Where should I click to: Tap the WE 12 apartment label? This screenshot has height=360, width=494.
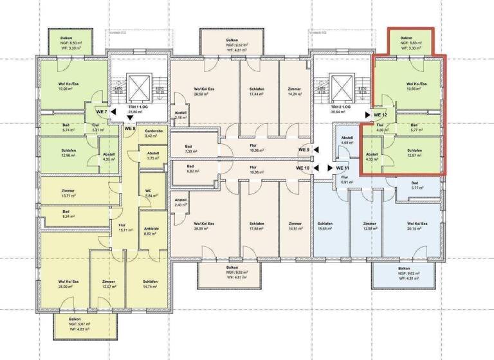381,115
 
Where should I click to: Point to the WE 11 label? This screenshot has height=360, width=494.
342,168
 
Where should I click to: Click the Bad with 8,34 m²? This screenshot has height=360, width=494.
66,214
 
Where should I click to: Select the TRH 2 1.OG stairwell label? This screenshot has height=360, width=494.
338,108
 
